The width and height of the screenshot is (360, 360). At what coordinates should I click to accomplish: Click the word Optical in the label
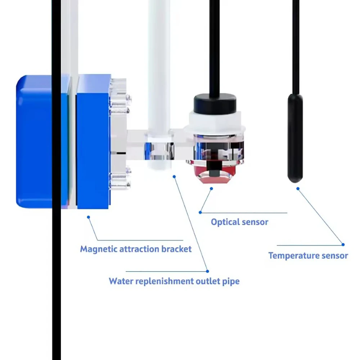(225, 222)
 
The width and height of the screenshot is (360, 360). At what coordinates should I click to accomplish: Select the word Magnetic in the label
(99, 249)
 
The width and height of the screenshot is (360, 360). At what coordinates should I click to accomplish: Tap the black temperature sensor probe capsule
(295, 138)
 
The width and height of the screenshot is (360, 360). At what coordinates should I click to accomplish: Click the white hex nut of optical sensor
(215, 121)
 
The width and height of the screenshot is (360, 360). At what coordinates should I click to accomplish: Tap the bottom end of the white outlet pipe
(159, 169)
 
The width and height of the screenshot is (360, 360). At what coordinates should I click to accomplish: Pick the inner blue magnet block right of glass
(93, 141)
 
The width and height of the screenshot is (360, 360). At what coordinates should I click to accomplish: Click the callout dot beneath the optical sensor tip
(211, 189)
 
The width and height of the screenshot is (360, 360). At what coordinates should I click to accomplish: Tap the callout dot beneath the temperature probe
(298, 189)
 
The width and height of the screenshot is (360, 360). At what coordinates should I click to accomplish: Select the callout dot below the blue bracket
(89, 217)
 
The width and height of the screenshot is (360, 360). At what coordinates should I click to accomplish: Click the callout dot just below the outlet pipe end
(174, 176)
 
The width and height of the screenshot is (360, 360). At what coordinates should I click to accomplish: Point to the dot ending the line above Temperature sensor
(343, 245)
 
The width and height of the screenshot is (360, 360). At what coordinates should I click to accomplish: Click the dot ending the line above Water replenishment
(208, 271)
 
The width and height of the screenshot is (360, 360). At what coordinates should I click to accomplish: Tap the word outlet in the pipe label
(208, 281)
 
